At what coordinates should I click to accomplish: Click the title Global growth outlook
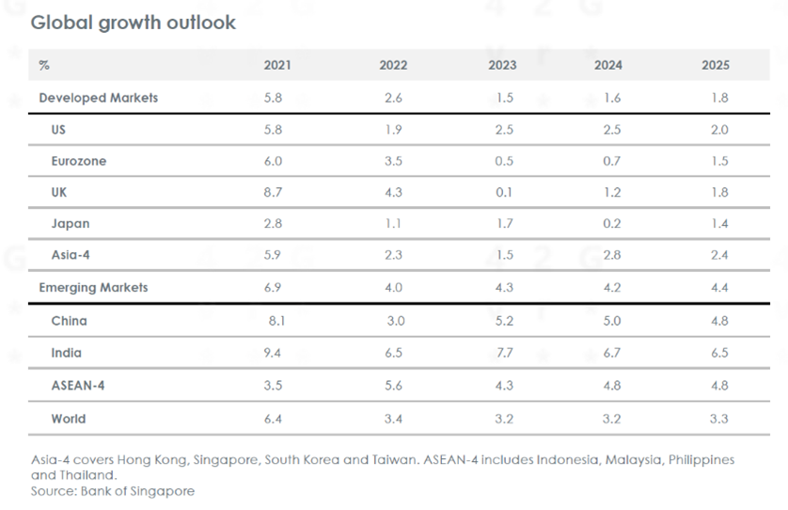(133, 23)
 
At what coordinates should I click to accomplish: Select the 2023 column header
(503, 66)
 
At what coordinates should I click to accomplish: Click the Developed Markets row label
(98, 98)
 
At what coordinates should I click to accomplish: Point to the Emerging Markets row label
(93, 288)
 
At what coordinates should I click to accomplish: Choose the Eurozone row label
(79, 161)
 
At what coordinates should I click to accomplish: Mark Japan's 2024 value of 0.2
(611, 225)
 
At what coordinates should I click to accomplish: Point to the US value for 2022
(393, 130)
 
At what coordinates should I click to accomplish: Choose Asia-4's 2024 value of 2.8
(611, 256)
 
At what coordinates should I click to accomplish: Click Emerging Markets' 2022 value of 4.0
(393, 288)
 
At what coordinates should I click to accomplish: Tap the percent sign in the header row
(44, 66)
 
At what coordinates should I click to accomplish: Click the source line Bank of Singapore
(112, 491)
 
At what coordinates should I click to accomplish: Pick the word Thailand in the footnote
(82, 476)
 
